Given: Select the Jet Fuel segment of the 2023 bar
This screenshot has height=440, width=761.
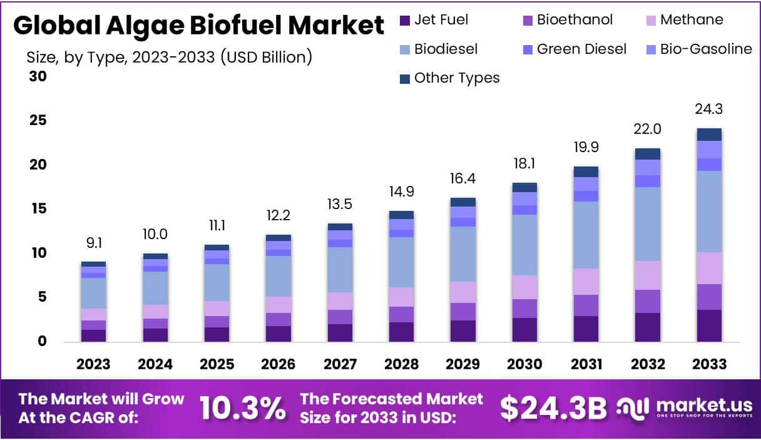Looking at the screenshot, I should pyautogui.click(x=93, y=335).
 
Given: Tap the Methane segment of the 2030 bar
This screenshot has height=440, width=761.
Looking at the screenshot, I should pyautogui.click(x=524, y=287).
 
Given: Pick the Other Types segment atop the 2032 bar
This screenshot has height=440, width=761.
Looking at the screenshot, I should pyautogui.click(x=648, y=154).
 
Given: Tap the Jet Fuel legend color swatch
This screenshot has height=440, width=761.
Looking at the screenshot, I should pyautogui.click(x=404, y=21).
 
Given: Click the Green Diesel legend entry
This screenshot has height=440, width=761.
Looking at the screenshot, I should pyautogui.click(x=581, y=49).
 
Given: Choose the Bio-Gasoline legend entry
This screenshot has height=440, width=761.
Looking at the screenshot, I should pyautogui.click(x=706, y=49).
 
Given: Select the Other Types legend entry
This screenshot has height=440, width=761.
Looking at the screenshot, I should pyautogui.click(x=457, y=78).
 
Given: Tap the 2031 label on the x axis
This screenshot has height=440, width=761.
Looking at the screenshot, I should pyautogui.click(x=585, y=364).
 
